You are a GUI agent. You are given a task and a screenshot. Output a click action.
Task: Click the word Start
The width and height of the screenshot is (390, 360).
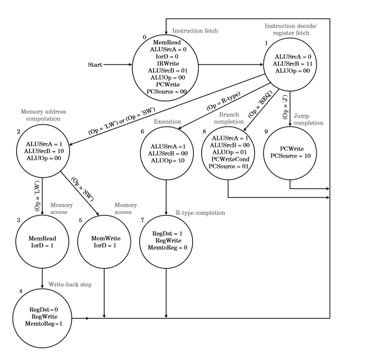click(x=95, y=65)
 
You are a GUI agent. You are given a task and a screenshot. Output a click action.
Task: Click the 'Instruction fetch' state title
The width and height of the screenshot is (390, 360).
click(x=195, y=31)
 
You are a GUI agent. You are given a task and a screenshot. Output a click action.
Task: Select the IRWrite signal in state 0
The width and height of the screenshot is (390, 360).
click(x=165, y=63)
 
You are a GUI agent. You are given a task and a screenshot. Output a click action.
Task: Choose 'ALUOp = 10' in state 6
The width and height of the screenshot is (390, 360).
click(x=165, y=160)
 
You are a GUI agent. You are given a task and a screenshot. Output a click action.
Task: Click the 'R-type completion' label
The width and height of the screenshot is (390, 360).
click(x=200, y=213)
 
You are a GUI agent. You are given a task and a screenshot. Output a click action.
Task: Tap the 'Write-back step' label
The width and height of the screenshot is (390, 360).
click(x=70, y=284)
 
